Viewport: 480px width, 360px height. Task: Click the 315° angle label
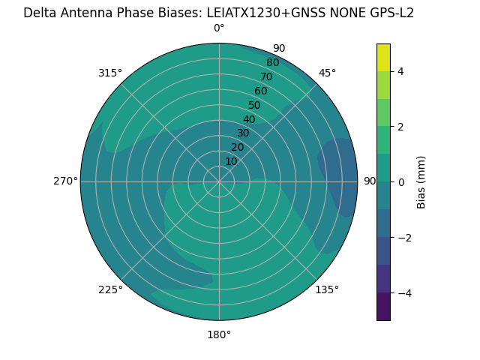109,73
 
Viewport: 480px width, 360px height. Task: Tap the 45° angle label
327,73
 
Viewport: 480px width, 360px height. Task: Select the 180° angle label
219,334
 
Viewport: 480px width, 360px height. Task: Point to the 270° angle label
65,181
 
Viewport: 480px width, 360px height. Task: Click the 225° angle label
110,289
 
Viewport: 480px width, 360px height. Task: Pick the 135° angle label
327,289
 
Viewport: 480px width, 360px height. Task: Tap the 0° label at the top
219,28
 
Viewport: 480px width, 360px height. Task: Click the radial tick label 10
231,161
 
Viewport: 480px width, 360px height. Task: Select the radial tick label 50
255,106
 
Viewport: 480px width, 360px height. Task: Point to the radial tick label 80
273,62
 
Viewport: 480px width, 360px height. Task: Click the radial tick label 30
243,133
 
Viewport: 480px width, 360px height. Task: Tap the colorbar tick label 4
400,71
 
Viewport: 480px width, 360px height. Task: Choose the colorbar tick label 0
400,182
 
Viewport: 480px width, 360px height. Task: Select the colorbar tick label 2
400,127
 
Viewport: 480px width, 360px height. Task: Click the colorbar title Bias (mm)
421,181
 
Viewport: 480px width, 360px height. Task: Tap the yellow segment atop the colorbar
383,57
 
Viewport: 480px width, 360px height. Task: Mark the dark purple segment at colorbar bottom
383,307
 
